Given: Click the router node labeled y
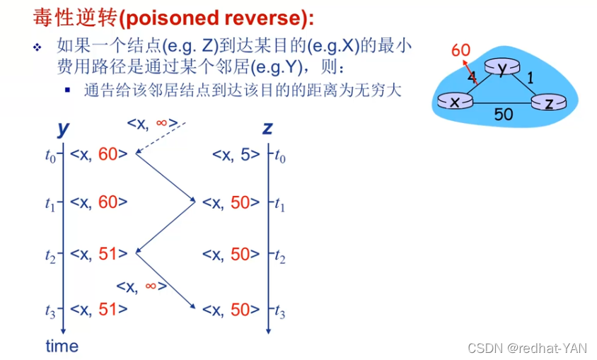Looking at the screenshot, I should [502, 69].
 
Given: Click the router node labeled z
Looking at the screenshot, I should [549, 103].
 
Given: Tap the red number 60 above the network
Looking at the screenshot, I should [460, 50].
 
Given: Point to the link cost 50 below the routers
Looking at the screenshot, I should [504, 114].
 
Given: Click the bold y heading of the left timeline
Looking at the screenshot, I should [64, 128].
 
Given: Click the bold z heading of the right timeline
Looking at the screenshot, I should [267, 128].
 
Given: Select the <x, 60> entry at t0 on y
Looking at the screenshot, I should [99, 155].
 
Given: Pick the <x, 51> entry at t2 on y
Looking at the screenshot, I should [99, 253].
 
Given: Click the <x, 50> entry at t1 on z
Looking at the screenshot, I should [226, 203].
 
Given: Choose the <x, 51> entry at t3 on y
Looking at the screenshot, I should [99, 308].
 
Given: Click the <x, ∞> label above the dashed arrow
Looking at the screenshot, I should [152, 124].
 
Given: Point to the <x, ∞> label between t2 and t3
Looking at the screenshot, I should [141, 286].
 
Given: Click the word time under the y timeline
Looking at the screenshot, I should [62, 346].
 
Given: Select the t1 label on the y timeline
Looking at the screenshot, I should [50, 204].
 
